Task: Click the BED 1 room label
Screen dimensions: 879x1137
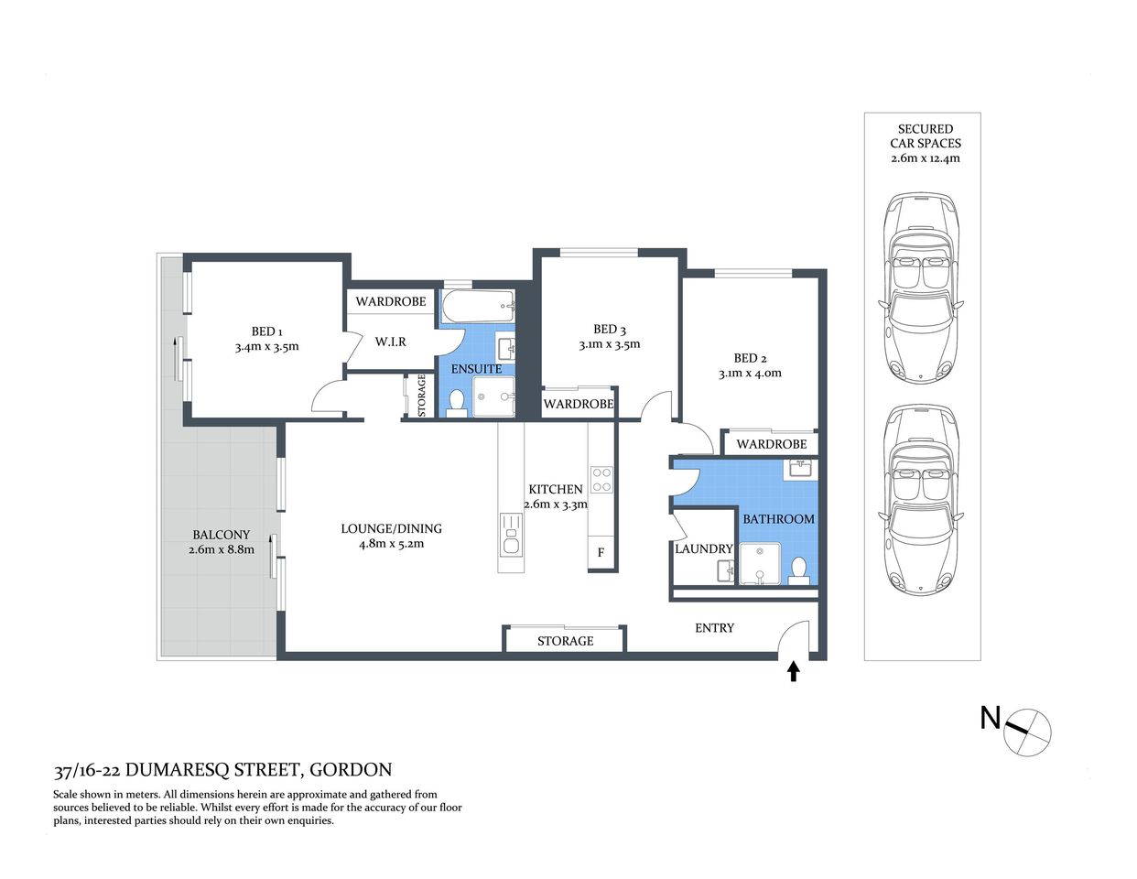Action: pos(266,331)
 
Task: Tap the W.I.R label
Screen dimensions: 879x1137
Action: pos(391,342)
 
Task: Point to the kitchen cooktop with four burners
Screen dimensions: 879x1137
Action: pos(601,480)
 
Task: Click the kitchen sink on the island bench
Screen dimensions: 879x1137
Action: pos(510,535)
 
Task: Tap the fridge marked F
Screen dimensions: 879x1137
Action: pos(601,552)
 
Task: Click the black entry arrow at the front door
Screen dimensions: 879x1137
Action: pos(793,672)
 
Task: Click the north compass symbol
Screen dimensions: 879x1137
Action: pos(1027,732)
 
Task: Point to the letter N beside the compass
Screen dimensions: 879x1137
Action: pos(990,718)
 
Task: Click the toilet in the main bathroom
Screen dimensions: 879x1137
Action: pos(799,571)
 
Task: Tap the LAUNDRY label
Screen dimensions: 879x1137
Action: pos(703,548)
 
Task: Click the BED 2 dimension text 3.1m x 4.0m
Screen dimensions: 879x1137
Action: pos(750,374)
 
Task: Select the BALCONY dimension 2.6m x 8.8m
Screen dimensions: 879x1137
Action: pos(221,549)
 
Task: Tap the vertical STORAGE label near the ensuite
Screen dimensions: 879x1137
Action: pos(422,396)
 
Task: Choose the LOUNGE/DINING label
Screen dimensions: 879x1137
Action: pos(391,528)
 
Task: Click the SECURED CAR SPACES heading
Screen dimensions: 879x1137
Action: pos(925,136)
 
